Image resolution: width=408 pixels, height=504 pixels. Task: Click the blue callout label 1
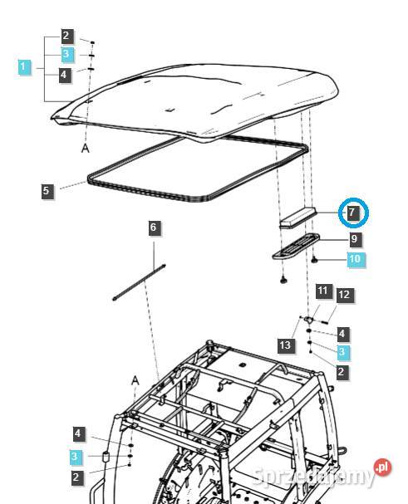pos(23,67)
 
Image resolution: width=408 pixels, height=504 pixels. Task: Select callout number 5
pos(47,191)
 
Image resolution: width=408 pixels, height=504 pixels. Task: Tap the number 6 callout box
pos(154,228)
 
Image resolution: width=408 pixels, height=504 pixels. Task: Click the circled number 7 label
pos(353,213)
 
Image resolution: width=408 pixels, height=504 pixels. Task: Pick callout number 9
pos(355,239)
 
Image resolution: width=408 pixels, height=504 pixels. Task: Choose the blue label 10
pos(355,259)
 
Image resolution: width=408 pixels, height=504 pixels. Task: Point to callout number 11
pos(322,291)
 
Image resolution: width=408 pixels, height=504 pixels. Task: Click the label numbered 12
pos(344,295)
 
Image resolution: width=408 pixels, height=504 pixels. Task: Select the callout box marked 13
pos(285,345)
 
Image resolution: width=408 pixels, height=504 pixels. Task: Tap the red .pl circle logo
pos(382,467)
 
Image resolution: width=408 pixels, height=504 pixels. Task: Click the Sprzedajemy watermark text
pos(314,477)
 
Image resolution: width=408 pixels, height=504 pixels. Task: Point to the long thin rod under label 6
pos(140,282)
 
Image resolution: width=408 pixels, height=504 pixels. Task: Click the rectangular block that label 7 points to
pos(298,218)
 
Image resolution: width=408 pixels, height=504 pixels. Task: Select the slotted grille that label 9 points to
pos(296,246)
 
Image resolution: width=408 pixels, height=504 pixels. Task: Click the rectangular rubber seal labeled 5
pos(198,169)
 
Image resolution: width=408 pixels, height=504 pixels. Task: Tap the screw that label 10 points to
pos(315,260)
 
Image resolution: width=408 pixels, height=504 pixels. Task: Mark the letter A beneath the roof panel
pos(85,148)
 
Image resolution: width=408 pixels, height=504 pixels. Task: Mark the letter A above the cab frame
pos(135,381)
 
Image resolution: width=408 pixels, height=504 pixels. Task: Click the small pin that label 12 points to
pos(323,321)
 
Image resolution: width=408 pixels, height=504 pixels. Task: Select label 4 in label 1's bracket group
pos(64,75)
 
